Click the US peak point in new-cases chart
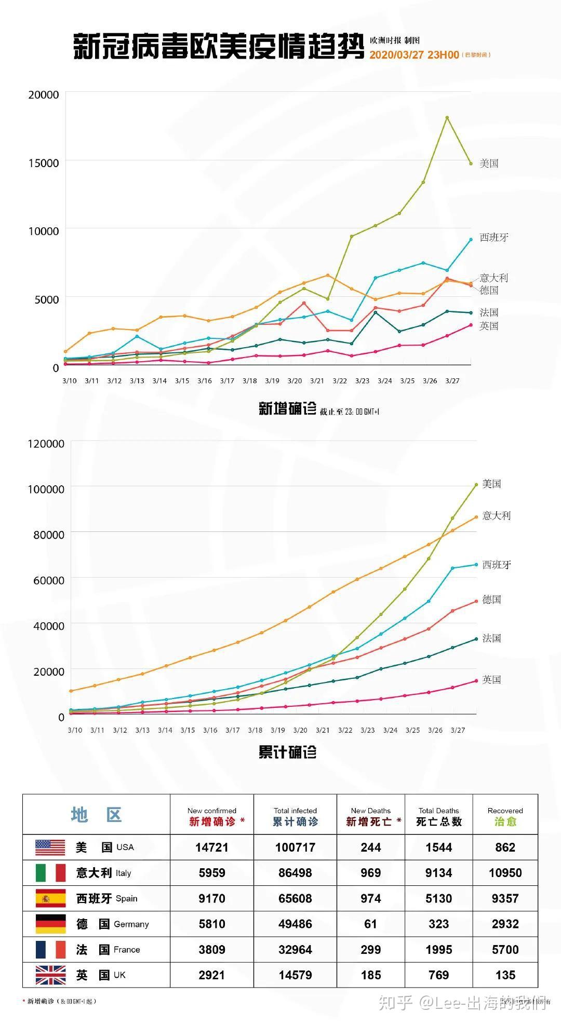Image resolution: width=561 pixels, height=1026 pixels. pyautogui.click(x=447, y=118)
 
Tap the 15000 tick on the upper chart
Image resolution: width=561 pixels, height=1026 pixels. pyautogui.click(x=44, y=163)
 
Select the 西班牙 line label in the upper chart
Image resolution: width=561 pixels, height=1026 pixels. pyautogui.click(x=493, y=238)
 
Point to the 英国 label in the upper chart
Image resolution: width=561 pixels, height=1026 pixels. pyautogui.click(x=488, y=326)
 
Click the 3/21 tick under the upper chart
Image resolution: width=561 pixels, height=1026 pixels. pyautogui.click(x=317, y=381)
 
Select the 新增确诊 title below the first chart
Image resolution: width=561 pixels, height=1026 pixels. pyautogui.click(x=287, y=409)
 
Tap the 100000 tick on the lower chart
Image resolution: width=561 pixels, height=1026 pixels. pyautogui.click(x=46, y=489)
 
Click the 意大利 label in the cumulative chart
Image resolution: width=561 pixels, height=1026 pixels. pyautogui.click(x=496, y=516)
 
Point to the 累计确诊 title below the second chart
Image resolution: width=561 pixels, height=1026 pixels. pyautogui.click(x=287, y=753)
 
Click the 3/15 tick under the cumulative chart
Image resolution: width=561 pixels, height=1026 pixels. pyautogui.click(x=188, y=730)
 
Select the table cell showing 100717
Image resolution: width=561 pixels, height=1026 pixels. pyautogui.click(x=295, y=847)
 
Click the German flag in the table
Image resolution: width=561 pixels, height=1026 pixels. pyautogui.click(x=50, y=924)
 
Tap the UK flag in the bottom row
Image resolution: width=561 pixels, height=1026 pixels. pyautogui.click(x=50, y=975)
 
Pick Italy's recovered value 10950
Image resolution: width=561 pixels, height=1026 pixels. pyautogui.click(x=505, y=873)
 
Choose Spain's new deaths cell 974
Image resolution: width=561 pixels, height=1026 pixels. pyautogui.click(x=370, y=898)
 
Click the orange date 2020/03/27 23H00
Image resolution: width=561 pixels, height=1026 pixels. pyautogui.click(x=414, y=55)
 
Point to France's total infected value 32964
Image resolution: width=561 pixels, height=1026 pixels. pyautogui.click(x=295, y=950)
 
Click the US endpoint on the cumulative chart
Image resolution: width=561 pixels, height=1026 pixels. pyautogui.click(x=476, y=485)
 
